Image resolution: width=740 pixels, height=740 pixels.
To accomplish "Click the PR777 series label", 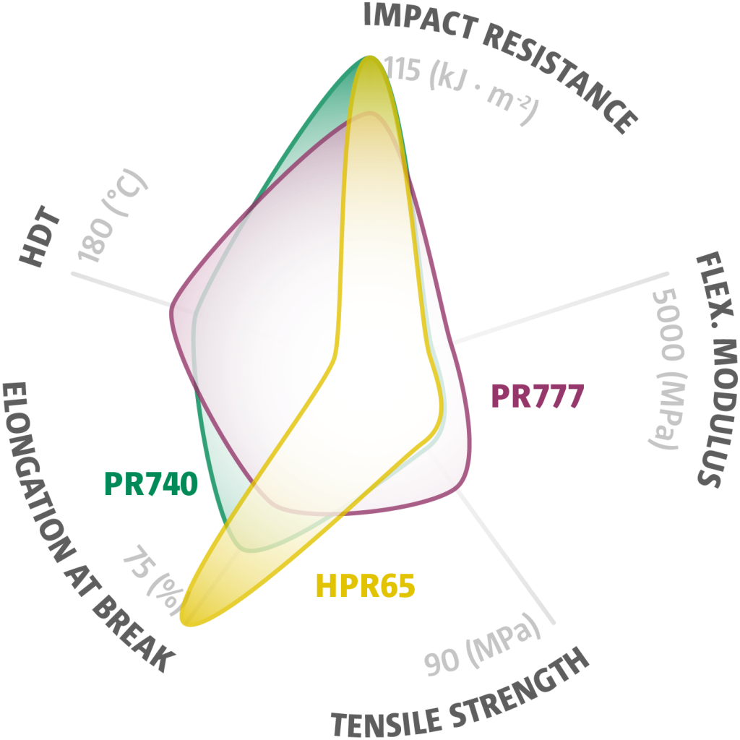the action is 538,396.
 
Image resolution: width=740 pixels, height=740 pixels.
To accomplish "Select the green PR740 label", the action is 151,483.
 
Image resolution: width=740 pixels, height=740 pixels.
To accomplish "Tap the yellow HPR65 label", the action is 365,585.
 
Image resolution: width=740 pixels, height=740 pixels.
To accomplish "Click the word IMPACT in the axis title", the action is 420,20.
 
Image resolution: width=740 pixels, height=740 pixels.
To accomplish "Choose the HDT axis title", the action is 40,236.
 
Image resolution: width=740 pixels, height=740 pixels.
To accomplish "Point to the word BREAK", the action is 134,633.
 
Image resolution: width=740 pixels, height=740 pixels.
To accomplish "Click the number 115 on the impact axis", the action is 401,69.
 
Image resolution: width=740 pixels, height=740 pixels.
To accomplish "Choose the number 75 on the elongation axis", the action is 137,562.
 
